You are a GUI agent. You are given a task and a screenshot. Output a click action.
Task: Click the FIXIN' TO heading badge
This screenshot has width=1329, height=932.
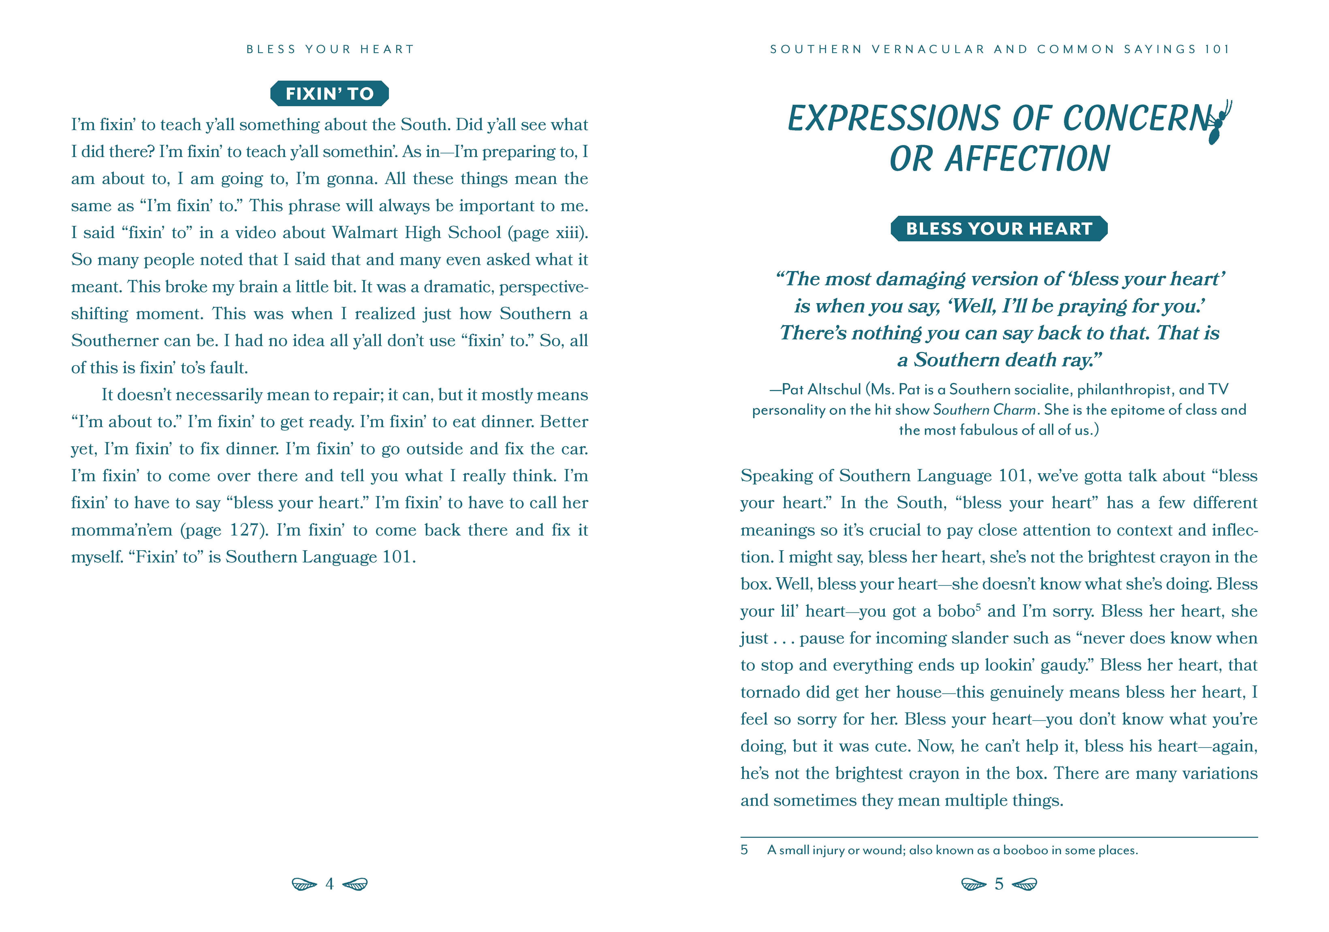[x=329, y=93]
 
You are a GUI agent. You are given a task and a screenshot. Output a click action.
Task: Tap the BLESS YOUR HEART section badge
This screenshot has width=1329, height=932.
[x=998, y=229]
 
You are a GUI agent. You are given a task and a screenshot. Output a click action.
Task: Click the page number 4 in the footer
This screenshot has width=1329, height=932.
[x=329, y=884]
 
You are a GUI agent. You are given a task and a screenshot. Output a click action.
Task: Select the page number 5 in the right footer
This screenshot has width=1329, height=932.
[x=998, y=884]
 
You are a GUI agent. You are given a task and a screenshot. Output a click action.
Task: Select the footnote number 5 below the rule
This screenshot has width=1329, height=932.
[x=744, y=850]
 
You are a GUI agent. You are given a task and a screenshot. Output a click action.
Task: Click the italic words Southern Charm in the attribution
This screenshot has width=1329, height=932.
[x=984, y=410]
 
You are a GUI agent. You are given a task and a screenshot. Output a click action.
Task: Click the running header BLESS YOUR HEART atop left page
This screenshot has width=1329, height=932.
[x=330, y=49]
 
